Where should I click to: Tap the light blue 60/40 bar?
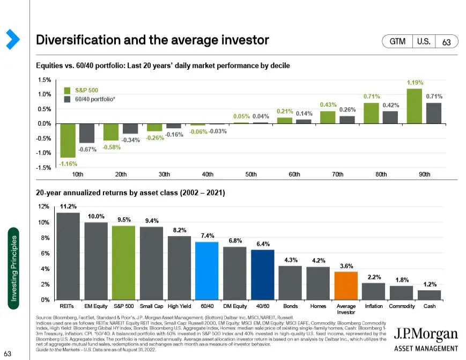click(x=206, y=270)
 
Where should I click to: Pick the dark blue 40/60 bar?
click(x=262, y=274)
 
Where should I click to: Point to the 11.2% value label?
click(x=68, y=206)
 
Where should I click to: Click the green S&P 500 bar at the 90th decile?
click(x=415, y=106)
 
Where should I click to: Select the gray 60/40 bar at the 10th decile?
click(x=87, y=133)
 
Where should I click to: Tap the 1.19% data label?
click(x=416, y=83)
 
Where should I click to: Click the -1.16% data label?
click(x=68, y=164)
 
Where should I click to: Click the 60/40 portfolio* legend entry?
click(x=91, y=99)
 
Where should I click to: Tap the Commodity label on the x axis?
click(x=402, y=306)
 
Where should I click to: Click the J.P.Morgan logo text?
click(x=426, y=335)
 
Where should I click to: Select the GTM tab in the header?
click(x=397, y=41)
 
